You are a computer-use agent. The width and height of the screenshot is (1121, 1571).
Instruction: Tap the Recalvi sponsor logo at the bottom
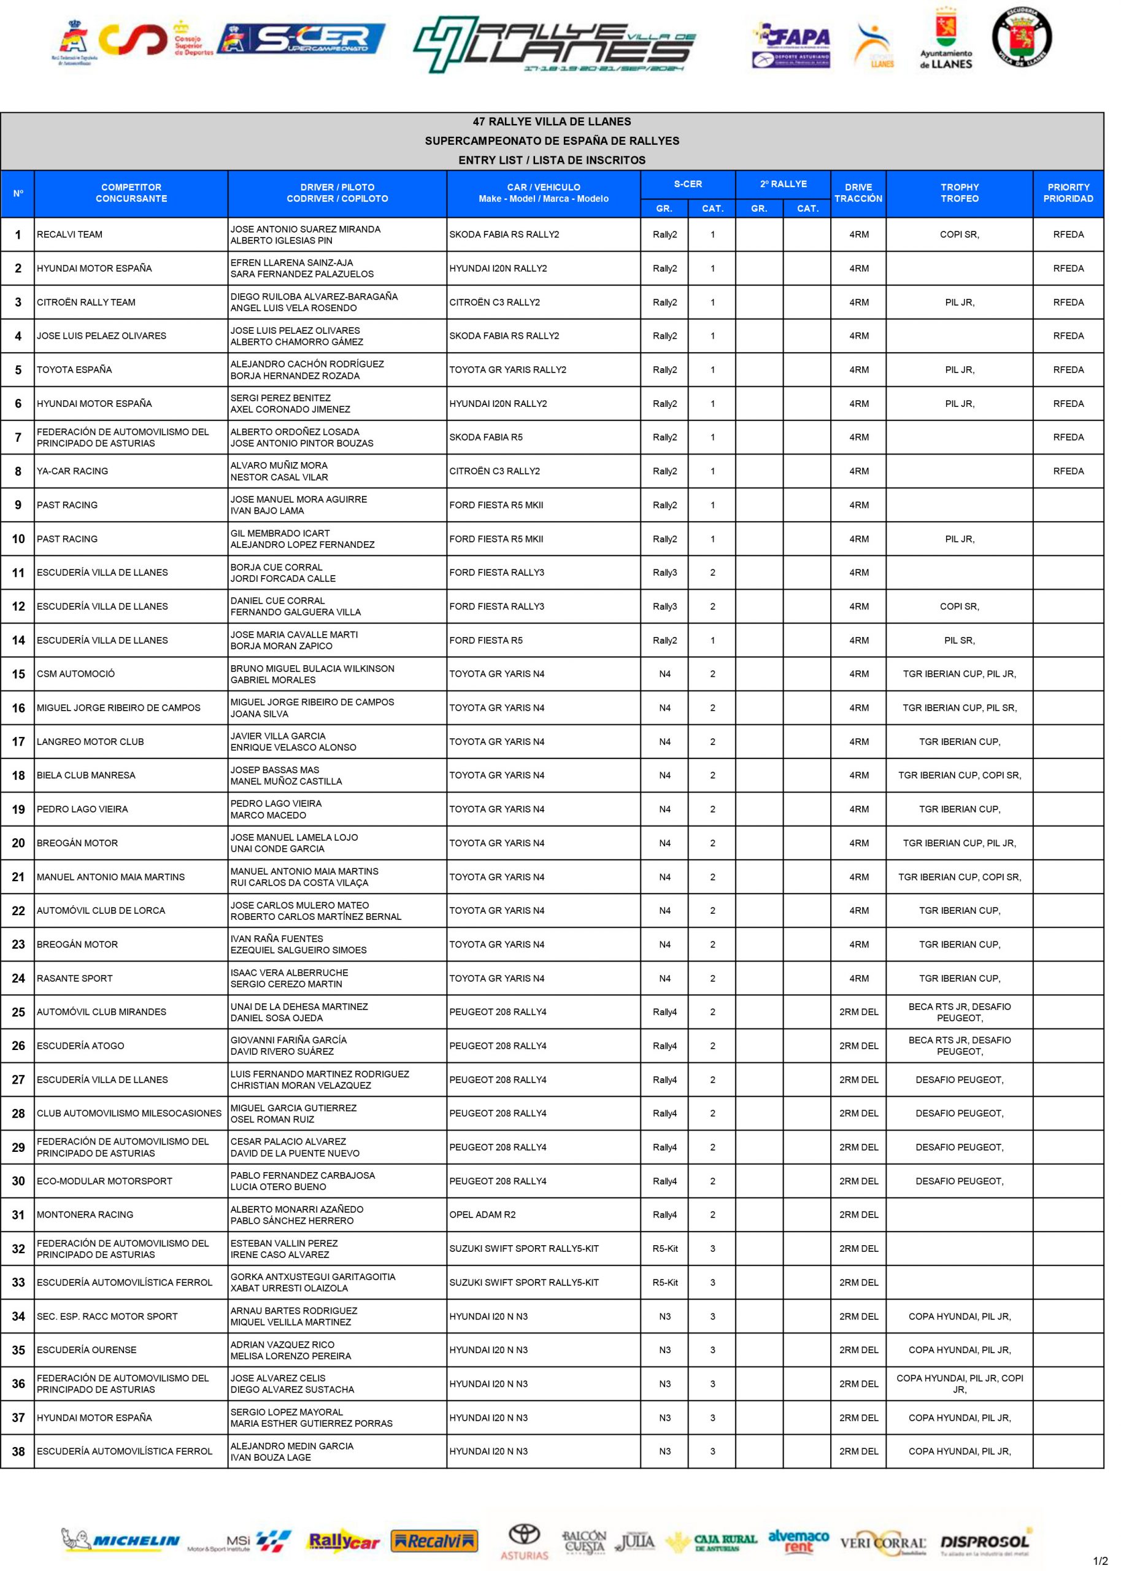click(x=434, y=1542)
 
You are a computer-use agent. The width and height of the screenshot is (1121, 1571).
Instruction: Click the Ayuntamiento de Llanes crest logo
click(x=946, y=39)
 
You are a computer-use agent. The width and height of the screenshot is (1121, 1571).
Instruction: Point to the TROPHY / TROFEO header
click(x=959, y=193)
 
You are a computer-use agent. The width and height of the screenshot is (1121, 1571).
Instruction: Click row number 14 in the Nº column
click(x=18, y=641)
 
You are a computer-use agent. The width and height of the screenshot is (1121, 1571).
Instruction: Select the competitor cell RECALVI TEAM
click(x=70, y=234)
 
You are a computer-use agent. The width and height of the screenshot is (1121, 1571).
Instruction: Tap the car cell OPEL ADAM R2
click(x=482, y=1215)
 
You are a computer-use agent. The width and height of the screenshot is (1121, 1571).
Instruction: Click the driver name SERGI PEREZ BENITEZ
click(x=280, y=398)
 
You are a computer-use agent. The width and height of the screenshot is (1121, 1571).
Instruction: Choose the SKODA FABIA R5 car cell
click(x=486, y=437)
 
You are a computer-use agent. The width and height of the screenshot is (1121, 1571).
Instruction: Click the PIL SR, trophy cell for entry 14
click(x=959, y=641)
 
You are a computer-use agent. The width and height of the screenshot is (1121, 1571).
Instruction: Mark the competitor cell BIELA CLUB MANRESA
click(x=87, y=775)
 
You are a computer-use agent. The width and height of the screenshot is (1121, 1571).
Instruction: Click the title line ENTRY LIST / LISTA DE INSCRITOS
click(x=552, y=160)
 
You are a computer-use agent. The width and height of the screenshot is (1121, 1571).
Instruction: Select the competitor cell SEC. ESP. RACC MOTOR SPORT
click(x=107, y=1316)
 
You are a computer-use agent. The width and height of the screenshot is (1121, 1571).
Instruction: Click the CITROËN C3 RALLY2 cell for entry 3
click(x=495, y=303)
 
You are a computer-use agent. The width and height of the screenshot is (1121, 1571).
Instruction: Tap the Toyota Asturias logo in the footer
click(x=524, y=1542)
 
